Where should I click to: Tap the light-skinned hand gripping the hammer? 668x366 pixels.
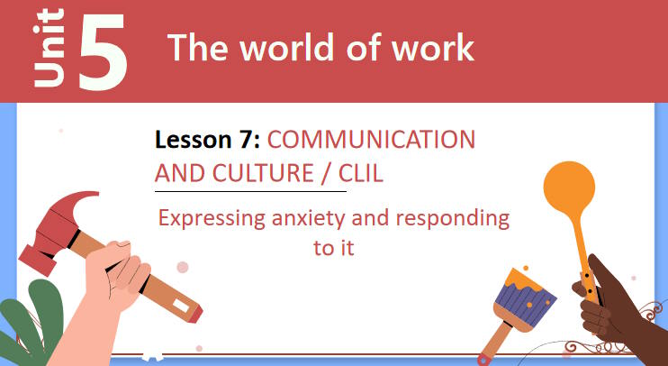pos(117,279)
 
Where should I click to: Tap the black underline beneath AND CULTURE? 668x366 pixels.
pos(250,191)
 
